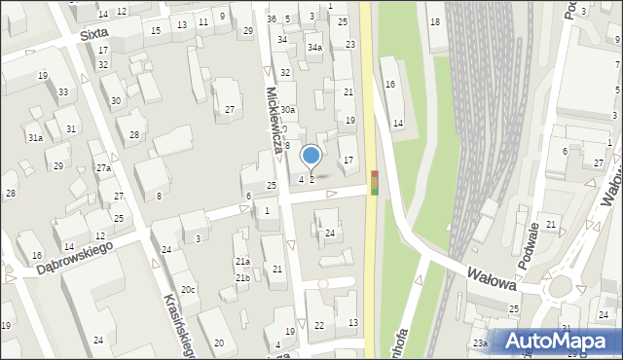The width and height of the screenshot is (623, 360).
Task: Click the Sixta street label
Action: (94, 32)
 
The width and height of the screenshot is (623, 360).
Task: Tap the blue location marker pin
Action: (311, 156)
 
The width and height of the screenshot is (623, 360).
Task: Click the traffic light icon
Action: (375, 182)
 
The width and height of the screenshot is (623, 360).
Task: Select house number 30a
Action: (287, 111)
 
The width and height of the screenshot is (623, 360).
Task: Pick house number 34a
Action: (313, 47)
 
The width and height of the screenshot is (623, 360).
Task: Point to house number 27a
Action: (103, 168)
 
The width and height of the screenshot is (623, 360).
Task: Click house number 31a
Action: (34, 138)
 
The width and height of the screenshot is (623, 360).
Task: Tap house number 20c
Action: (188, 290)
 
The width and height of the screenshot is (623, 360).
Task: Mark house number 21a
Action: (242, 262)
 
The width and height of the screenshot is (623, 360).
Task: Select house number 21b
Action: (242, 278)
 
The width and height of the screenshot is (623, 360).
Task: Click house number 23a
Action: (480, 343)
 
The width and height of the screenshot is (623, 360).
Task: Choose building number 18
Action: (434, 21)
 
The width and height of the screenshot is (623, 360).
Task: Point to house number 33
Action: (63, 92)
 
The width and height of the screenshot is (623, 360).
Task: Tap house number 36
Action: (272, 19)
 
